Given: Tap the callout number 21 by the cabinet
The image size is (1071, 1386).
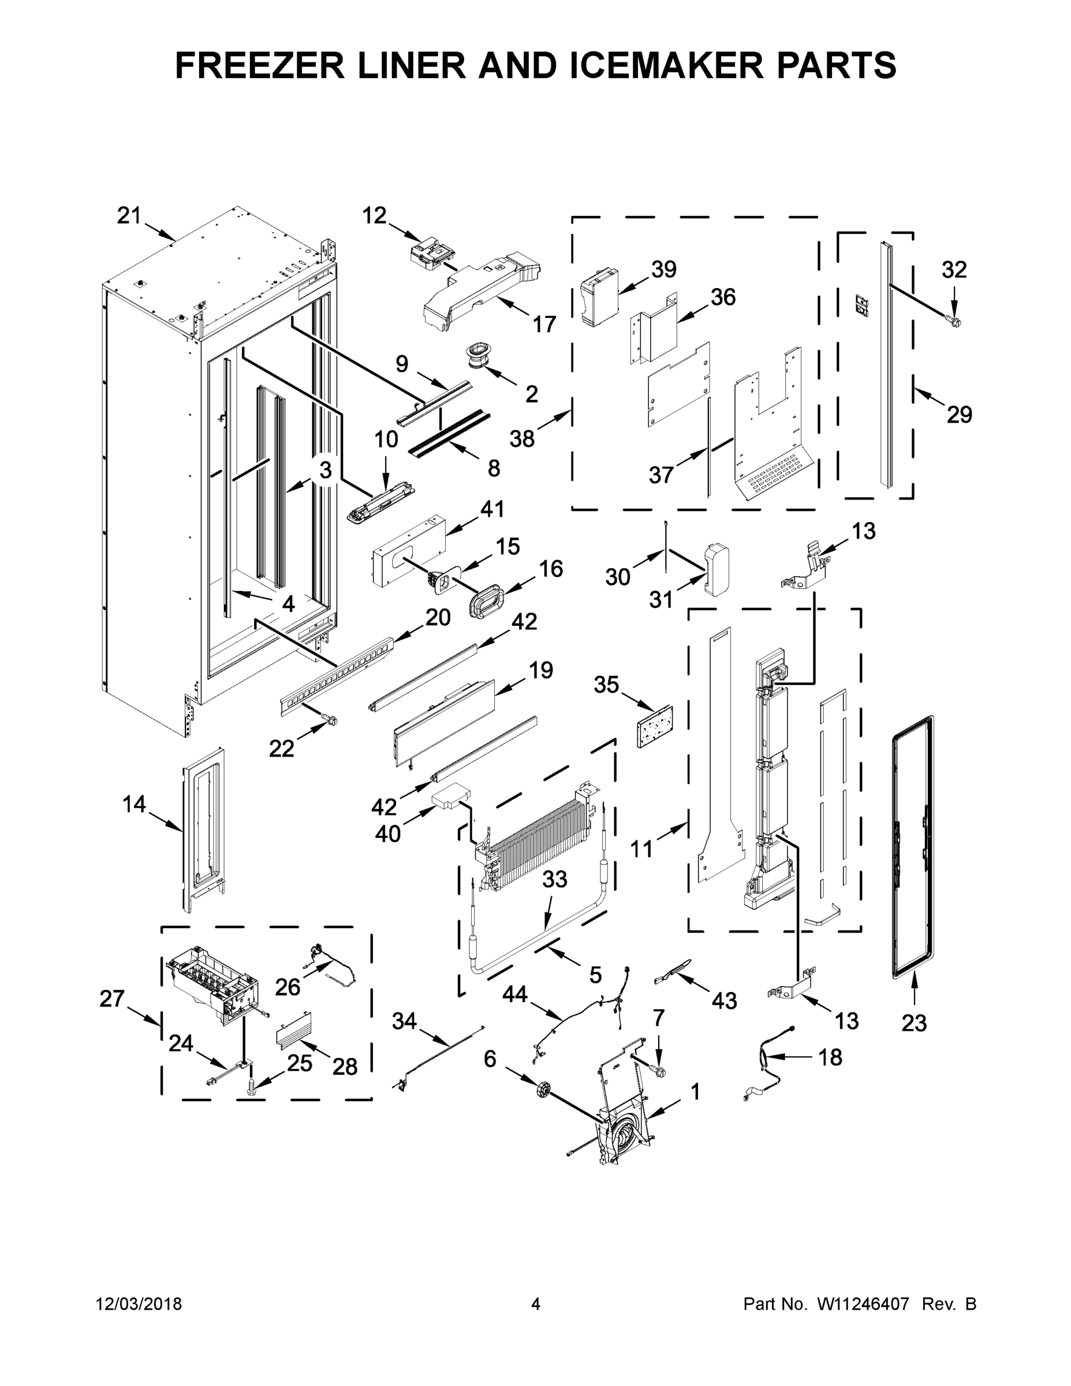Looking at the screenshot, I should (x=129, y=216).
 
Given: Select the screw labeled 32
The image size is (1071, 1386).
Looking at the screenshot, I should (x=951, y=322).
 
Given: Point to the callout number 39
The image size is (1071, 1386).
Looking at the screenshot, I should (x=663, y=269).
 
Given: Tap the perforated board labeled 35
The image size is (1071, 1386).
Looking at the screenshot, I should (x=655, y=725).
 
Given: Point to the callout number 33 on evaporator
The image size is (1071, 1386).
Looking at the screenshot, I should (x=554, y=880).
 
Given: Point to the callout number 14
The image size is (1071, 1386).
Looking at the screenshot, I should (x=134, y=804).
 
